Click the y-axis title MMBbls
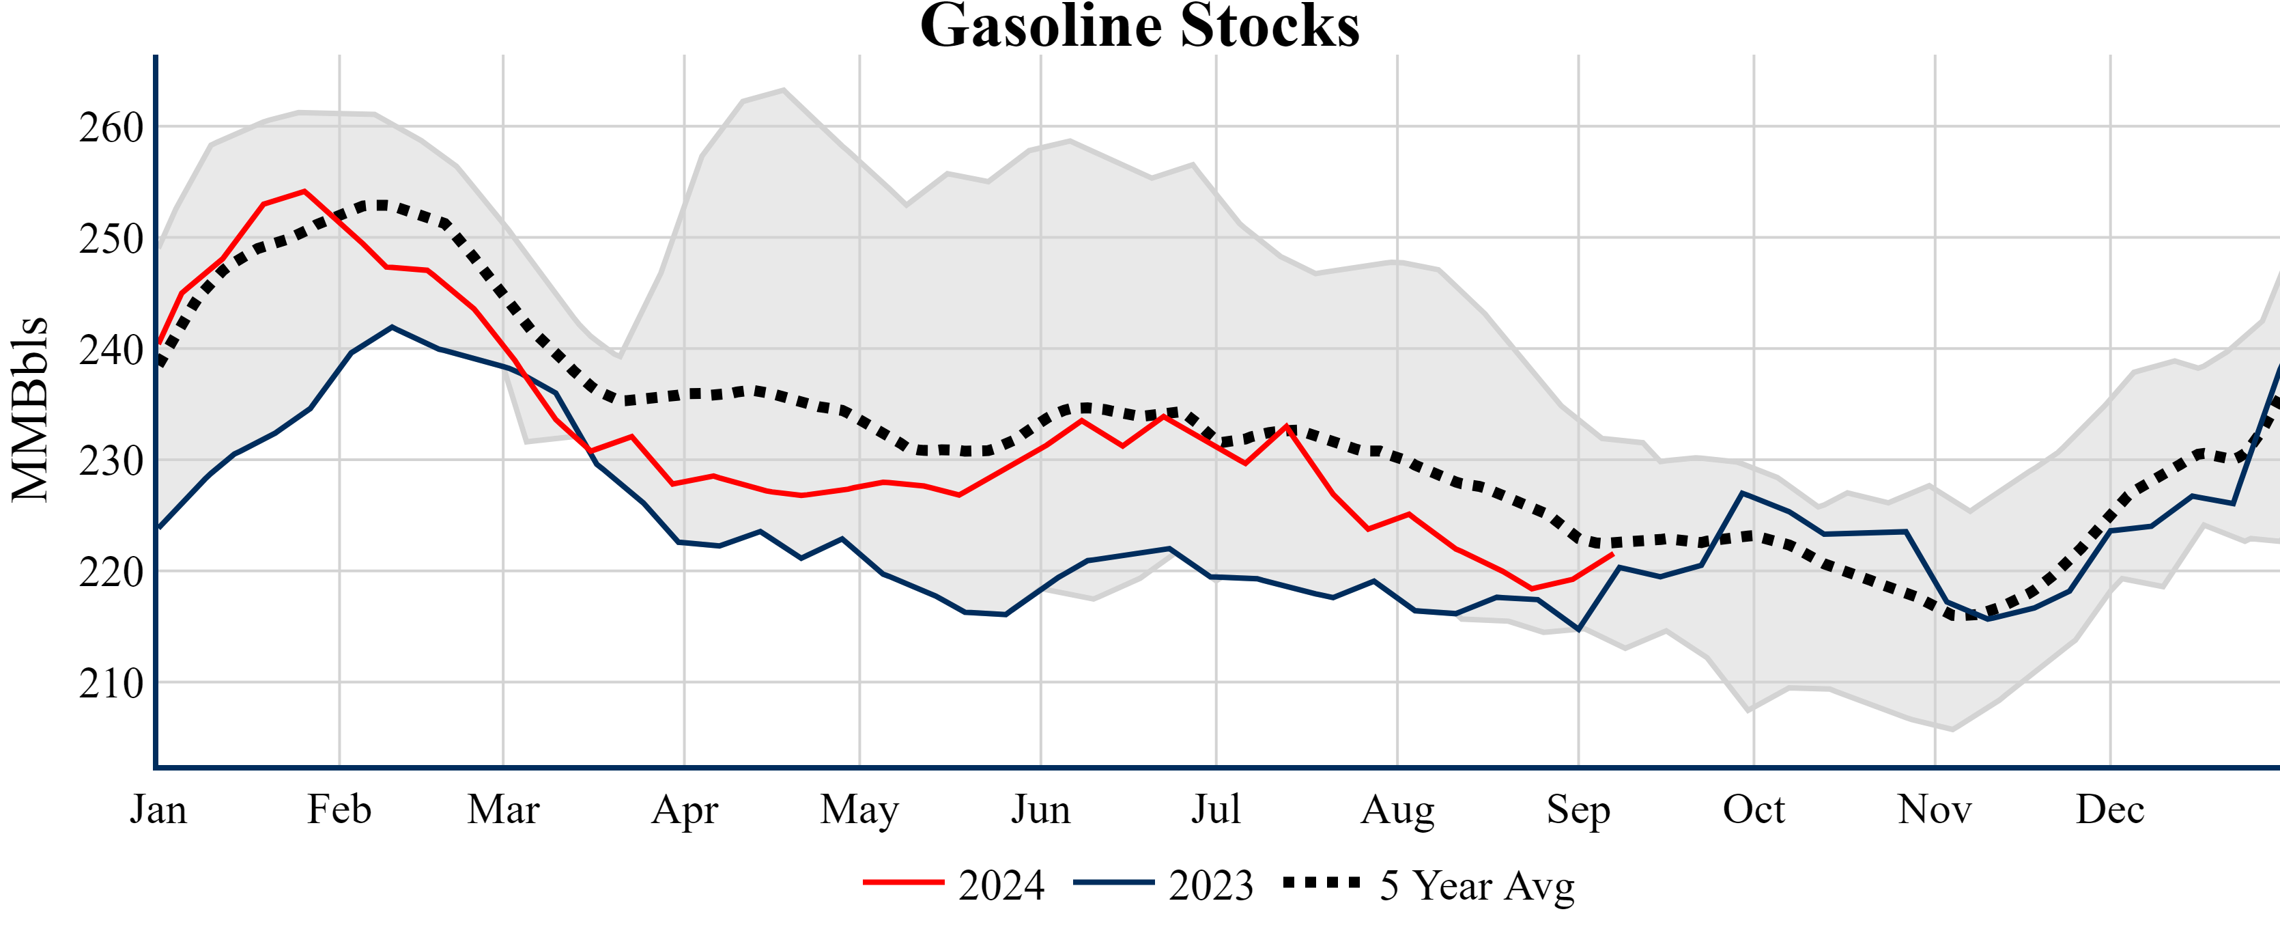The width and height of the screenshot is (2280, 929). (x=30, y=409)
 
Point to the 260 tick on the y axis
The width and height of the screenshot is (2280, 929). (x=111, y=128)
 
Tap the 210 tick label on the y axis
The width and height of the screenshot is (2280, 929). (x=111, y=683)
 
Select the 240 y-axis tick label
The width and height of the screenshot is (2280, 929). (x=111, y=350)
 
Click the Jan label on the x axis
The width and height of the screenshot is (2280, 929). (x=158, y=809)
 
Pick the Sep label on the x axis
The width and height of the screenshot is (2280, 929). (x=1578, y=809)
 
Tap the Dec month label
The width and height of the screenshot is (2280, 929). (x=2110, y=809)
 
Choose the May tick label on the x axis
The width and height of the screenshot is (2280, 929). (x=859, y=809)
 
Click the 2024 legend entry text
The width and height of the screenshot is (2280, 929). (x=1001, y=885)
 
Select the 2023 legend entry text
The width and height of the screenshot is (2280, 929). (x=1211, y=885)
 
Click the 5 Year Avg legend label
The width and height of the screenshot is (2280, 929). (x=1477, y=885)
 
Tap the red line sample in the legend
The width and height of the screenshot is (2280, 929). (x=904, y=882)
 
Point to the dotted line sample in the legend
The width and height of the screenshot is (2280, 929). (x=1322, y=882)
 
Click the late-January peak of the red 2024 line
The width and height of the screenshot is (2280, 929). (x=304, y=191)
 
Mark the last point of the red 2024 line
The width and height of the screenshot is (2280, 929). (x=1612, y=555)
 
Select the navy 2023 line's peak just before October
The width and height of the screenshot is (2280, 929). (x=1742, y=493)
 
